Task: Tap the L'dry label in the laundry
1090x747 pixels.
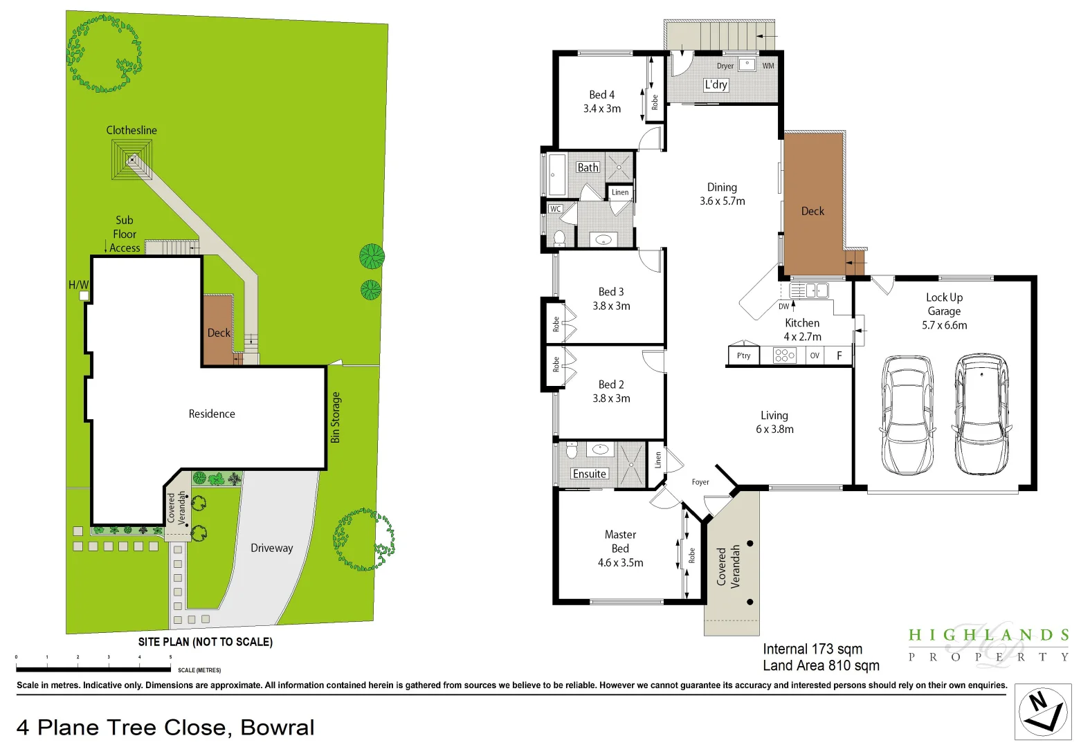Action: point(716,84)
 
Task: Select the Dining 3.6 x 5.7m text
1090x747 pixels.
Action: point(722,194)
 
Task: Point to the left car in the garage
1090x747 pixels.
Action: point(907,415)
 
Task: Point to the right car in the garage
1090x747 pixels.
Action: point(981,414)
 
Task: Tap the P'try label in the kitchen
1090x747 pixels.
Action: point(743,356)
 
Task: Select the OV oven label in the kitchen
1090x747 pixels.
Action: point(815,356)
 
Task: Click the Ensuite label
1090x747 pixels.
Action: point(590,474)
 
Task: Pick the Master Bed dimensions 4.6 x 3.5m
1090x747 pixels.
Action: point(620,563)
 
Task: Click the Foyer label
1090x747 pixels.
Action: point(700,482)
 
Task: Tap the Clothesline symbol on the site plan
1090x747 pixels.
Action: point(131,159)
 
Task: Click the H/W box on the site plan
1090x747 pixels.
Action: point(84,296)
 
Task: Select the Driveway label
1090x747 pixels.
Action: point(271,548)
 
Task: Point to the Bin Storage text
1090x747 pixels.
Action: point(336,417)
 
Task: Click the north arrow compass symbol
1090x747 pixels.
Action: point(1043,712)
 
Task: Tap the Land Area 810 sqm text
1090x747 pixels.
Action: point(821,665)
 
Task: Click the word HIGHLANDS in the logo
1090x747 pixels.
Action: point(989,635)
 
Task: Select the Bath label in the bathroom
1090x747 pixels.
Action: point(588,167)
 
